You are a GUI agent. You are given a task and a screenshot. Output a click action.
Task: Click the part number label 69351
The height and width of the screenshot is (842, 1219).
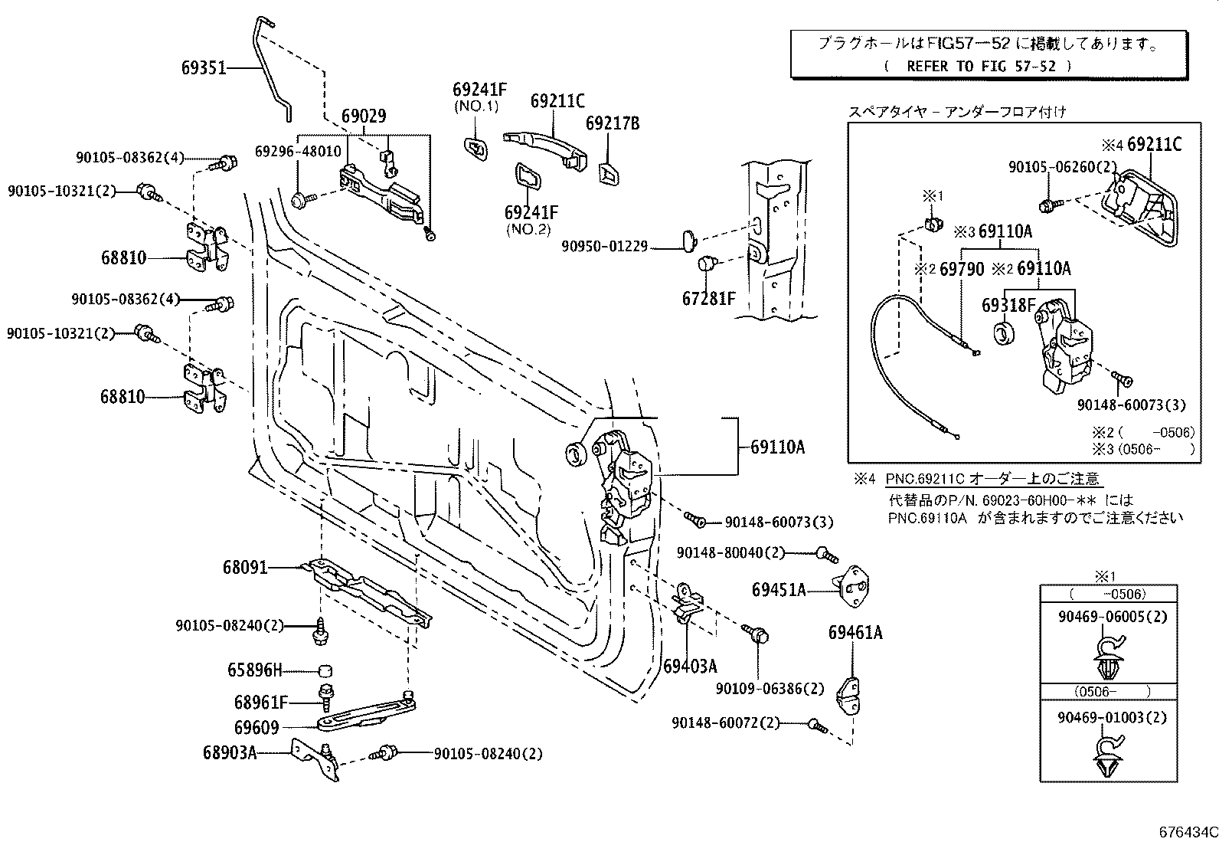204,68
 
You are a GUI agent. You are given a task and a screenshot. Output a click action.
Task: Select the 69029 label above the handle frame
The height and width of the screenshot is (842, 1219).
364,116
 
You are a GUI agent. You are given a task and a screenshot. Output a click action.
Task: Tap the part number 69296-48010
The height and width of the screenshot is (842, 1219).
298,152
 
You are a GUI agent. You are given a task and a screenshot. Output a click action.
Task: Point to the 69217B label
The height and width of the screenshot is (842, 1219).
613,123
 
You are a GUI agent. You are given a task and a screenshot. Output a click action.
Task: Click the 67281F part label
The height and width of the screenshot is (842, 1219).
708,299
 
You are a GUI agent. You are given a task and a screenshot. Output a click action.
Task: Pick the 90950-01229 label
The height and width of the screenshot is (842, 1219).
605,247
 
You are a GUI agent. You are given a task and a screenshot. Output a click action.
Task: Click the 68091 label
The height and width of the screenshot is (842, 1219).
245,568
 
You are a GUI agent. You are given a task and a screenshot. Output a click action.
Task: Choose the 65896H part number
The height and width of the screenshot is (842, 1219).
255,670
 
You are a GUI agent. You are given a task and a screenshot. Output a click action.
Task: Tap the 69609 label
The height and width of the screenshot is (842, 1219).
257,728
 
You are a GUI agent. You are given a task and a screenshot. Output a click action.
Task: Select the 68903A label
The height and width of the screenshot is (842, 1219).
229,752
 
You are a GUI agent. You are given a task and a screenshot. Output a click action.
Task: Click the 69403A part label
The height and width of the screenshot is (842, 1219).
690,666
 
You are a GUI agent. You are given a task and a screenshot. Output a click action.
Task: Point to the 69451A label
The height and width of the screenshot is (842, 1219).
779,590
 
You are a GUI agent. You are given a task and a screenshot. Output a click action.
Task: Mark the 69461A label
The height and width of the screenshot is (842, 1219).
855,633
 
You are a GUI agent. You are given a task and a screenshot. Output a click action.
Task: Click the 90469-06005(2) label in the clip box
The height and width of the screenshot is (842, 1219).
1113,617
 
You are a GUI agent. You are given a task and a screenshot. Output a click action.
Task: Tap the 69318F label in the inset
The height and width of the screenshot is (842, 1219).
1008,305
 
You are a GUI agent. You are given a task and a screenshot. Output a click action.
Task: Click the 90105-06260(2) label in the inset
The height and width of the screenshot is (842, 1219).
1062,167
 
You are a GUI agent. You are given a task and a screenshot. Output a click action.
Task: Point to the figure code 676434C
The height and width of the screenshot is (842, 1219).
1188,832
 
